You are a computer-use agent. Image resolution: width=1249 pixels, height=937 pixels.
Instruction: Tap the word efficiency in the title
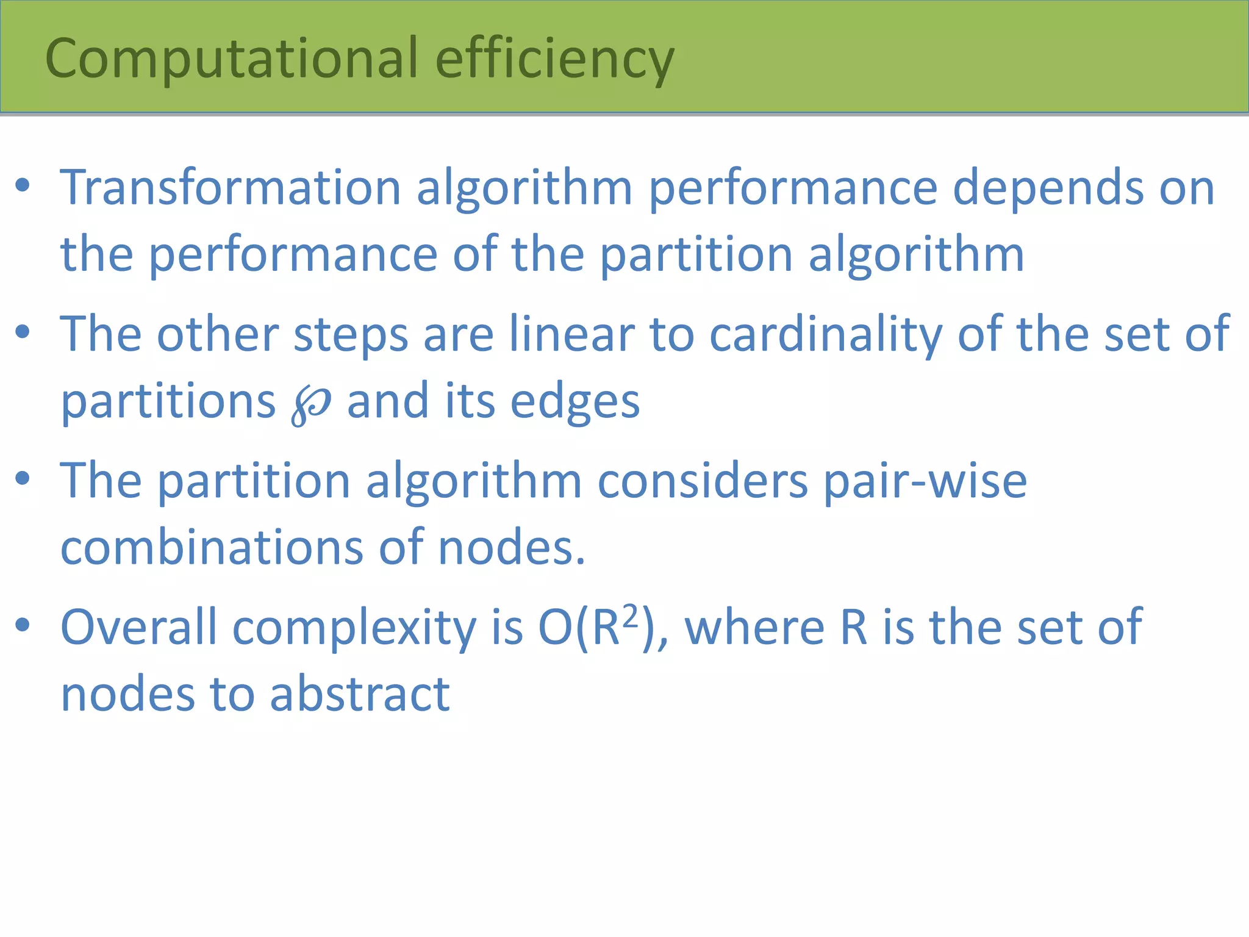tap(554, 59)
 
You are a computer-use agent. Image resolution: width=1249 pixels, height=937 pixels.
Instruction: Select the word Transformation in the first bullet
tap(231, 187)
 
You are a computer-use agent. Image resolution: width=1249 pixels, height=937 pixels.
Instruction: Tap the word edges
tap(574, 401)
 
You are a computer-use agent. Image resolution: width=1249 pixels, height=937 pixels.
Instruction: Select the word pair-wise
tap(925, 481)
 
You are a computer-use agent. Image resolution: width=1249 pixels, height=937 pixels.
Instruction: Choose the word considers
tap(703, 481)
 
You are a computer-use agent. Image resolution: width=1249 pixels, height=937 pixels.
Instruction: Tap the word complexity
tap(354, 628)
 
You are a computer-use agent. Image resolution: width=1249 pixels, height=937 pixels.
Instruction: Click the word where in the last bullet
tap(755, 627)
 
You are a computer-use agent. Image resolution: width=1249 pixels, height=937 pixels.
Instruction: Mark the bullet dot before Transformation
tap(23, 185)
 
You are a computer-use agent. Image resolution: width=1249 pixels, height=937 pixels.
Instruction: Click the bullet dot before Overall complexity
tap(23, 625)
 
